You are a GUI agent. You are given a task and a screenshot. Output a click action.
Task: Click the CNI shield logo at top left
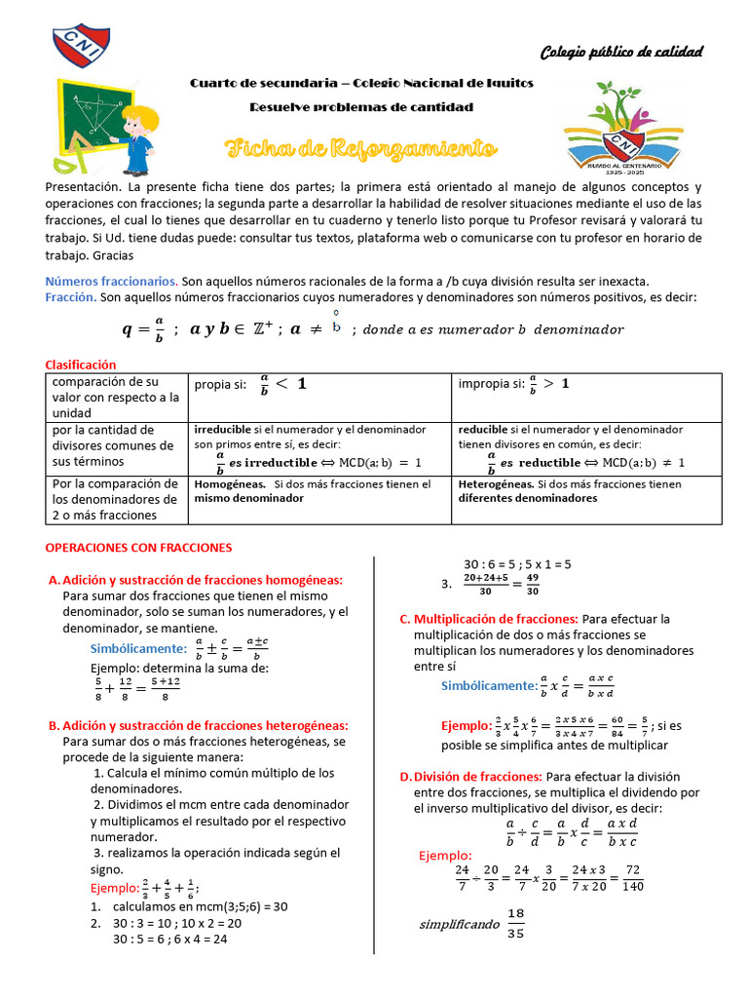point(77,43)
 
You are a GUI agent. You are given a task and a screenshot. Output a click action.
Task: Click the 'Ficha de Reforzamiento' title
point(360,149)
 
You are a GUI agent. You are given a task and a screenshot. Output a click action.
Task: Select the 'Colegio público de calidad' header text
point(621,52)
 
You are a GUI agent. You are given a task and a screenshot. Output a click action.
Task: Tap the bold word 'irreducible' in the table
point(222,429)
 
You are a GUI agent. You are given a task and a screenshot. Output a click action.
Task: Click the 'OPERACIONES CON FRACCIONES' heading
point(139,548)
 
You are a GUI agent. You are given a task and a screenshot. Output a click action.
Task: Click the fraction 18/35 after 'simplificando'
point(515,923)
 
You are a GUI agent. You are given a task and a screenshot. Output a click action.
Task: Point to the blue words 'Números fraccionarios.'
point(111,281)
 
